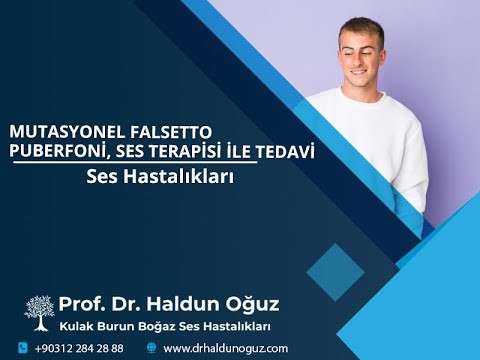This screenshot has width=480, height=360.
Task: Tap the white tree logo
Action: coord(40,312)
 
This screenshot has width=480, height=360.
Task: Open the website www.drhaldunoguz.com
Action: coord(225,348)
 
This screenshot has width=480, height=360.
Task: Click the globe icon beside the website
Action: coord(151,348)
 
